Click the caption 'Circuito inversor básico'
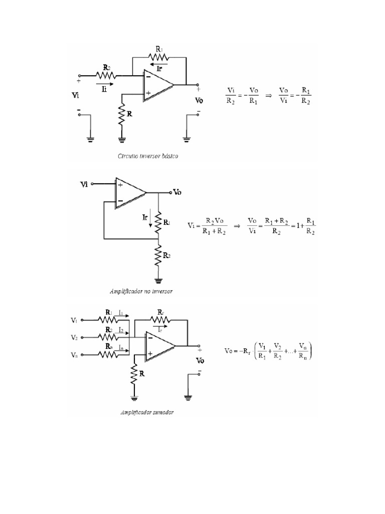point(148,156)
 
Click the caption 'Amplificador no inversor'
point(142,291)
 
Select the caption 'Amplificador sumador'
point(147,413)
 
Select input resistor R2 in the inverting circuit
point(106,76)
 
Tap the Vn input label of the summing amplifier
point(74,355)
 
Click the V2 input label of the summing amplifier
point(74,337)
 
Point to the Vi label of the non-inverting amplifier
point(85,184)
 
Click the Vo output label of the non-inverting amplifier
point(177,192)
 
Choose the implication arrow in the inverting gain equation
point(268,95)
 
